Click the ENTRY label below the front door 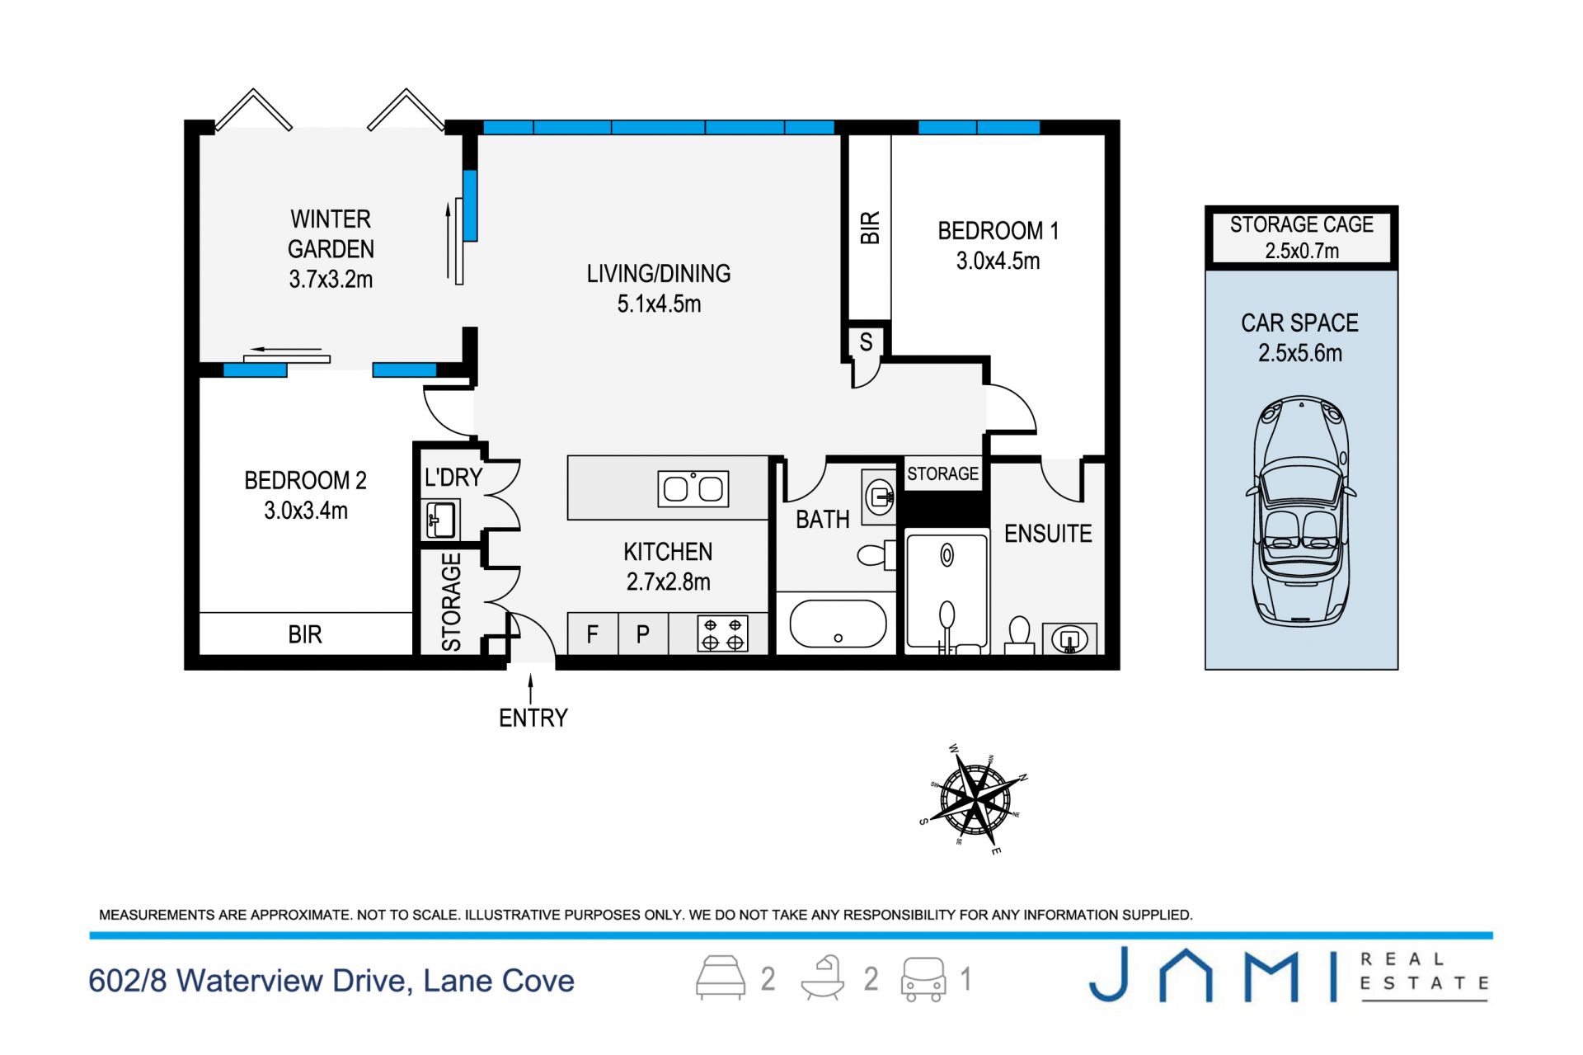(x=533, y=718)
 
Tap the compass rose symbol (x=975, y=798)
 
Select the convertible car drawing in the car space (x=1301, y=511)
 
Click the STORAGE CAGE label (x=1301, y=224)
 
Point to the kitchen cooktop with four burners (x=722, y=633)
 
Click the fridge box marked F (x=592, y=634)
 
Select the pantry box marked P (x=643, y=634)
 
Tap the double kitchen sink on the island (x=693, y=488)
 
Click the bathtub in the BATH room (x=838, y=623)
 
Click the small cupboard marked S (x=866, y=341)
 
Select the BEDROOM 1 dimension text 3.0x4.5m (x=998, y=261)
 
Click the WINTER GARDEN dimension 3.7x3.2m (x=331, y=280)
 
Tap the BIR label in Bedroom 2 (x=305, y=634)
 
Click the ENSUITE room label (x=1048, y=534)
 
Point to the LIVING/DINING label (x=659, y=274)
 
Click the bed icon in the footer (x=721, y=978)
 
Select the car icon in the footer (x=923, y=979)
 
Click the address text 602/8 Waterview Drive (x=251, y=981)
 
